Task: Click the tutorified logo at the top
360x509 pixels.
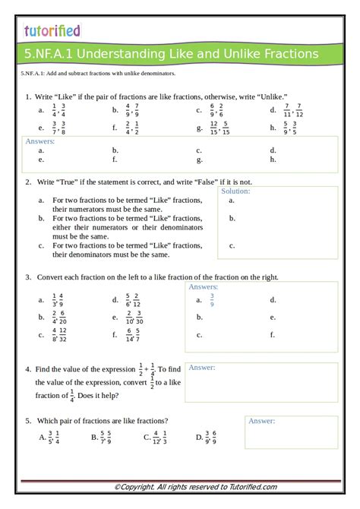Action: click(x=52, y=30)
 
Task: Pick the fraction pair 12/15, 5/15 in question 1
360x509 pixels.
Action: click(x=219, y=128)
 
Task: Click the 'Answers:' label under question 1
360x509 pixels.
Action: click(x=40, y=141)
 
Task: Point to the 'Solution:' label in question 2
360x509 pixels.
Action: click(x=235, y=191)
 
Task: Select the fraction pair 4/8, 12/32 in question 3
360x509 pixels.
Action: click(x=59, y=334)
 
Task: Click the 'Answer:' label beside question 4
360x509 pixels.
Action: click(x=202, y=368)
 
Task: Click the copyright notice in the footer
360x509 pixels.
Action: click(x=195, y=486)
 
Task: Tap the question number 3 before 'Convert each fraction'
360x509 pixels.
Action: click(x=27, y=277)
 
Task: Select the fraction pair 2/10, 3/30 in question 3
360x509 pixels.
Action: click(x=134, y=317)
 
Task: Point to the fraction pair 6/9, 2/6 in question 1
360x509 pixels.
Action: click(x=216, y=110)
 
